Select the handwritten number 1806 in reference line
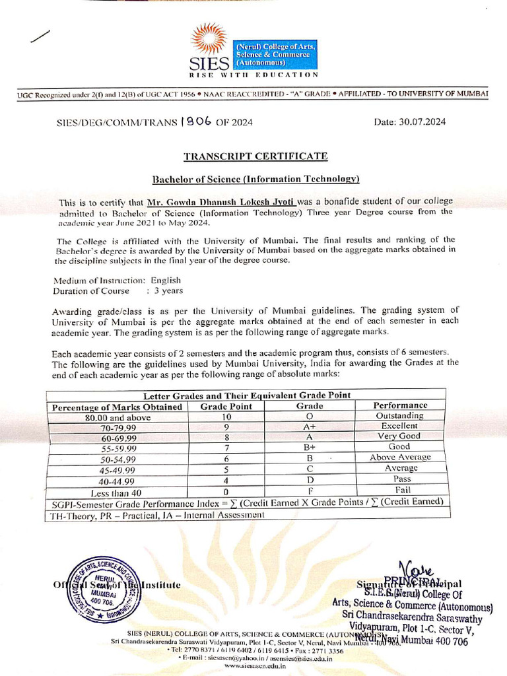(197, 121)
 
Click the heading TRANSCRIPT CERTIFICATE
(255, 156)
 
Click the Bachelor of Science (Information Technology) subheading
(256, 179)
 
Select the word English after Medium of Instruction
(165, 281)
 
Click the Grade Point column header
(226, 406)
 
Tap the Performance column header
(401, 405)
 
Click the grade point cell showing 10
(226, 417)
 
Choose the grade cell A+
(310, 427)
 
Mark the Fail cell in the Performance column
(402, 490)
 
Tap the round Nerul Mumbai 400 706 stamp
(94, 587)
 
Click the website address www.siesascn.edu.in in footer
(255, 666)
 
